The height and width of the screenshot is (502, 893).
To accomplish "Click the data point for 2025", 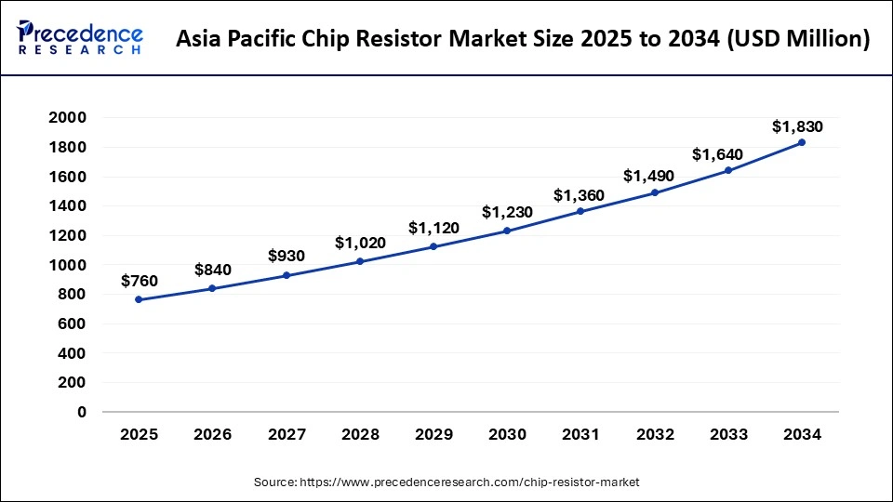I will tap(139, 299).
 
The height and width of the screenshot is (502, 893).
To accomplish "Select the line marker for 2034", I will tap(801, 142).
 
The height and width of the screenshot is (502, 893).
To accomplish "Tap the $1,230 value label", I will tap(507, 212).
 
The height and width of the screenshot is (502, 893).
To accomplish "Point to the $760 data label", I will tap(139, 281).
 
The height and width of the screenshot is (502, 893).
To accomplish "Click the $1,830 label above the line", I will tap(797, 126).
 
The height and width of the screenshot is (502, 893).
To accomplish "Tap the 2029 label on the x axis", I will tap(433, 434).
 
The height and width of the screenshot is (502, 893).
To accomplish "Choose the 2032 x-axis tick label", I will tap(654, 434).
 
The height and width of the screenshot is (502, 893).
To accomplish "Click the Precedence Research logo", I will tap(80, 38).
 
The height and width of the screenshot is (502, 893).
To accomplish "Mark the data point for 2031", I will tap(580, 211).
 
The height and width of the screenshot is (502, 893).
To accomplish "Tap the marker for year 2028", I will tap(360, 261).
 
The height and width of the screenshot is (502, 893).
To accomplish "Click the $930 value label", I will tap(287, 256).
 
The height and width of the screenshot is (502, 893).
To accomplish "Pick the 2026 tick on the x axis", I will tap(212, 434).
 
